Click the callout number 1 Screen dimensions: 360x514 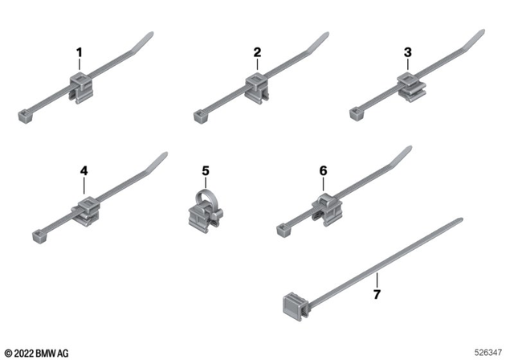click(80, 52)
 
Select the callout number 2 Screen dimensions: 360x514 click(257, 52)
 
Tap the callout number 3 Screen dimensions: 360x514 click(407, 52)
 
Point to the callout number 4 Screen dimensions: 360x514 click(84, 170)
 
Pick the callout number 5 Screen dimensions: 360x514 click(206, 170)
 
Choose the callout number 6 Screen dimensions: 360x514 click(324, 170)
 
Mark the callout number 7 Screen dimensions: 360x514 click(377, 296)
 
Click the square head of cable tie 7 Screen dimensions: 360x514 click(292, 305)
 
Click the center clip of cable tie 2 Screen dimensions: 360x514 click(256, 85)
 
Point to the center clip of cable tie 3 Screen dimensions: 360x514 click(408, 85)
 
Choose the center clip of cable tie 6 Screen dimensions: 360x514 click(325, 207)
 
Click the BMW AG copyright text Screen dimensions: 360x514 click(37, 353)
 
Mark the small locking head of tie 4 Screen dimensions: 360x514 click(38, 236)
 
